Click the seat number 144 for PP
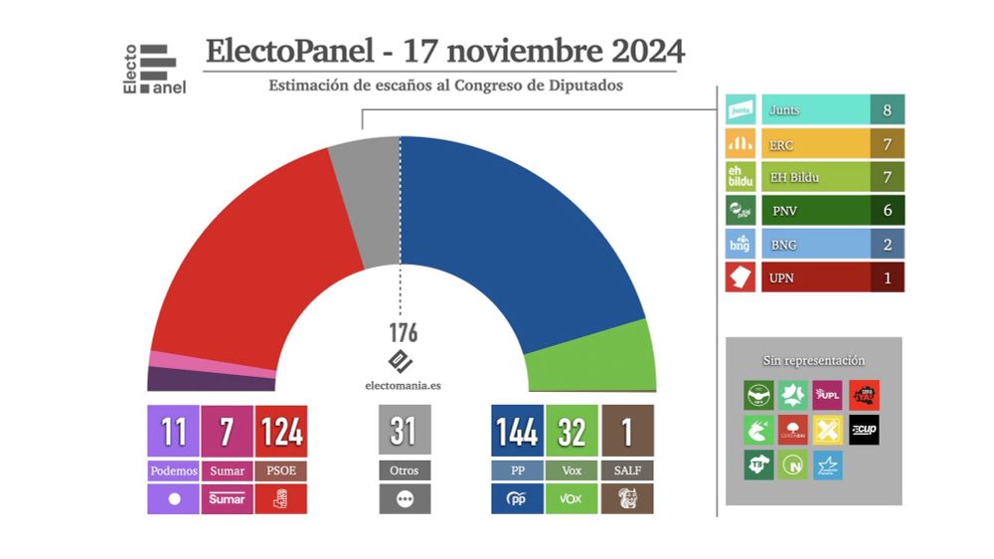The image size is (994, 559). coord(517,432)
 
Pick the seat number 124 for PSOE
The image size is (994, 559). coord(281,432)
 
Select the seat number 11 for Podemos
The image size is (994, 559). coord(173,432)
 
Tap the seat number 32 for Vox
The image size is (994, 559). coord(572,432)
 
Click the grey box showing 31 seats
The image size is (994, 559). coord(404,432)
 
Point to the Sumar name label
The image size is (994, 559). coord(227,470)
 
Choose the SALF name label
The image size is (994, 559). coord(627,470)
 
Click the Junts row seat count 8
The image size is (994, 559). coord(887,110)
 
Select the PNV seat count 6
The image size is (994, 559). coord(887,210)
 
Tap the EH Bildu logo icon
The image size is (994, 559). coord(741,177)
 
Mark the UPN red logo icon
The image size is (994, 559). coord(741,278)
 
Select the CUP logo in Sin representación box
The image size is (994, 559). coord(863,430)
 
